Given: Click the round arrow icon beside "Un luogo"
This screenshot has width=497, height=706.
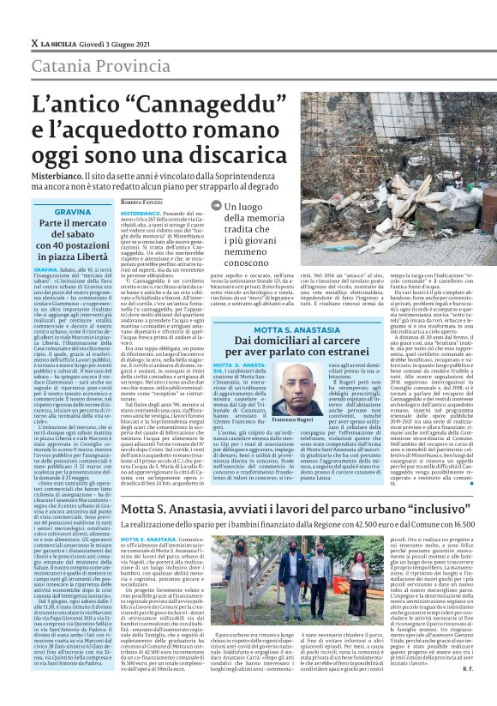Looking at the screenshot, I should point(216,206).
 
